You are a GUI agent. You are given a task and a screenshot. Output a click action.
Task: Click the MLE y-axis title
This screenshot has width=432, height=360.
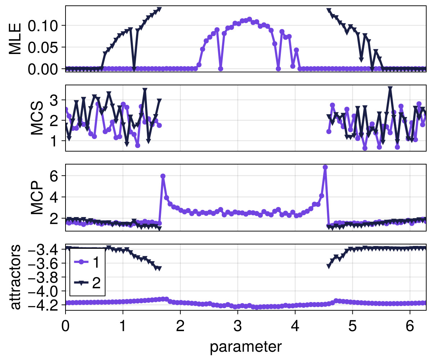(15, 39)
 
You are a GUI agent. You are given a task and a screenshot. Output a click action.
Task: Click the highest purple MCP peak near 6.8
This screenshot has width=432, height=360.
(325, 167)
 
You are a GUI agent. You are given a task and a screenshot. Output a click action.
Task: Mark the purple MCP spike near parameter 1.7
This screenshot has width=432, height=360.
(163, 176)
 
